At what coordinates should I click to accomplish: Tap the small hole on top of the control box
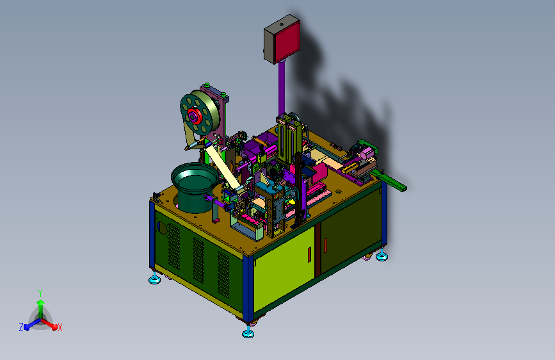click(282, 25)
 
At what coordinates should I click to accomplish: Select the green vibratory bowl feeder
click(195, 187)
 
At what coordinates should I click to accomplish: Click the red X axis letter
click(60, 327)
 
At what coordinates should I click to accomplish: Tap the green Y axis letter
click(40, 293)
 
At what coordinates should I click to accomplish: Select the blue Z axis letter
click(21, 327)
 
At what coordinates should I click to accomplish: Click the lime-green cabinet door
click(284, 269)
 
